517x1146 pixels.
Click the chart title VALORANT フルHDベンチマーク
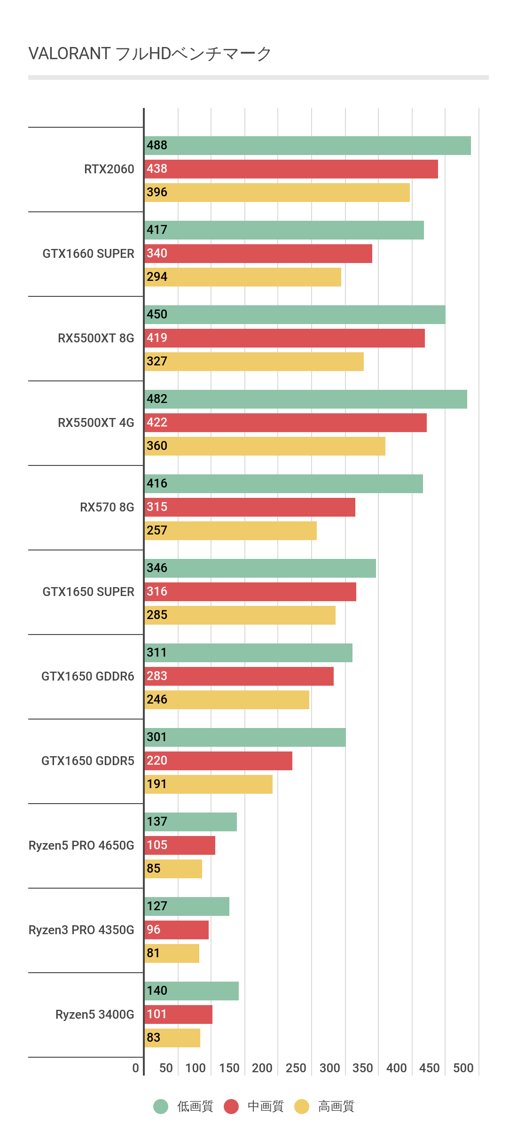coord(150,54)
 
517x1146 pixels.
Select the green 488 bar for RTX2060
coord(308,146)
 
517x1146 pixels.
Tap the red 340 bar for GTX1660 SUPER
coord(258,254)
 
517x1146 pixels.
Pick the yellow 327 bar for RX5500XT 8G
coord(254,362)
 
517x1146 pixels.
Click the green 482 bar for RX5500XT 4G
coord(306,399)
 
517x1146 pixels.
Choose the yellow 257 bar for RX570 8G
coord(231,531)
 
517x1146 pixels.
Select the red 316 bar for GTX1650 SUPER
coord(251,592)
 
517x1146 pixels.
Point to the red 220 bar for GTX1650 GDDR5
coord(219,761)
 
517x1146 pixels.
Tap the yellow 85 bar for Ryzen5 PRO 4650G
coord(173,869)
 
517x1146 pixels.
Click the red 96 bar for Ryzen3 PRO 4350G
coord(177,930)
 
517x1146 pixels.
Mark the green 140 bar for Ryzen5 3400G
coord(192,991)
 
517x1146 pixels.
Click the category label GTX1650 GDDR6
coord(88,676)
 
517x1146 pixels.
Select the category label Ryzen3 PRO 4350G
coord(81,930)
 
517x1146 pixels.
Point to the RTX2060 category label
coord(109,169)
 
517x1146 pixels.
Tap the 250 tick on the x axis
coord(296,1068)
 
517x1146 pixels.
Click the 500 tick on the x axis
coord(463,1068)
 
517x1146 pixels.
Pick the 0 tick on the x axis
coord(135,1068)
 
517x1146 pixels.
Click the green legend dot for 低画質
coord(161,1107)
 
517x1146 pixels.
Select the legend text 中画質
coord(266,1107)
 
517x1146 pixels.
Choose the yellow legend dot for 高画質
coord(302,1107)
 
